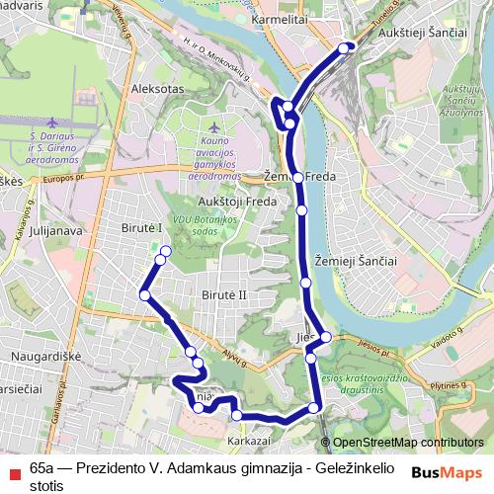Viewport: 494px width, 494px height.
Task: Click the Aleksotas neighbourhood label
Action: click(165, 88)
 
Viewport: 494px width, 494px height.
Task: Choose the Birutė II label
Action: click(223, 295)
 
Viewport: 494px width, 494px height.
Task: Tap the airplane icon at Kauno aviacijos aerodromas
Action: click(216, 127)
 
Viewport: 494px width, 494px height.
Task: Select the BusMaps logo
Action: click(448, 471)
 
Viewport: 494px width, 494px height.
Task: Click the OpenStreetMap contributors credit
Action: click(408, 443)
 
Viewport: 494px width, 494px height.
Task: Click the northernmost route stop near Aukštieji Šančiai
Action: click(344, 46)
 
